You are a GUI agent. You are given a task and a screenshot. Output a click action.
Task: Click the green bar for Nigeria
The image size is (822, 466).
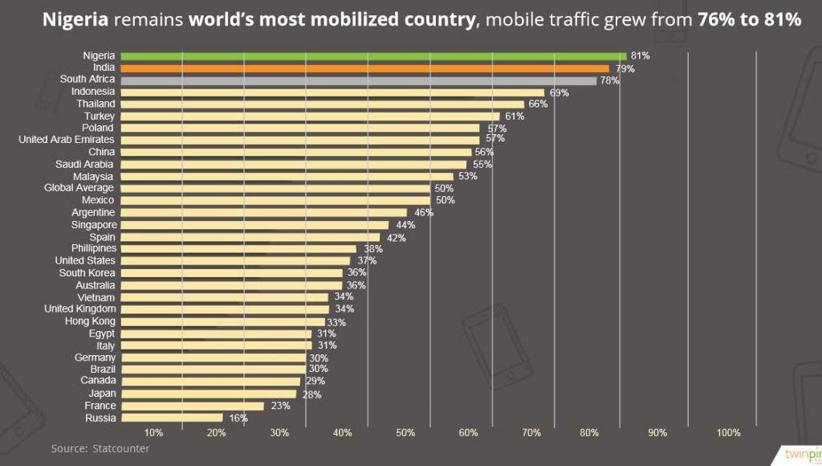click(x=373, y=55)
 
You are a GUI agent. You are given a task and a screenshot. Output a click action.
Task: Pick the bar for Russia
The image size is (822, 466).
click(x=172, y=418)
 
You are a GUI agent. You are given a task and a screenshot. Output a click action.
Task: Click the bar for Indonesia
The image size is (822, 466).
click(x=332, y=92)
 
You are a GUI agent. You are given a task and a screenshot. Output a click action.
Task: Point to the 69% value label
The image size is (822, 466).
click(x=559, y=92)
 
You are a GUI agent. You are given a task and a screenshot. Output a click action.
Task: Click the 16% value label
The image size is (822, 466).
click(x=238, y=418)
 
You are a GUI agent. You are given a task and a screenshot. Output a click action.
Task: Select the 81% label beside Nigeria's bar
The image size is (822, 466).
click(x=640, y=55)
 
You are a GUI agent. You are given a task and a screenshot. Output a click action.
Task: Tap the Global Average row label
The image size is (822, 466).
click(x=79, y=188)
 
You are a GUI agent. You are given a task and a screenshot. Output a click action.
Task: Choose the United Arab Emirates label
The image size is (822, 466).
click(x=67, y=140)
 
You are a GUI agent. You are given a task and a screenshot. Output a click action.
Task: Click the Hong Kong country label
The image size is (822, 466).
click(x=90, y=321)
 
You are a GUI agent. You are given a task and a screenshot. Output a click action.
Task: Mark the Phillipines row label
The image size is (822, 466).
click(x=93, y=248)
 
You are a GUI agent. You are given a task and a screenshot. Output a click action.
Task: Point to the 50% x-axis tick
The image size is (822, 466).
click(x=405, y=433)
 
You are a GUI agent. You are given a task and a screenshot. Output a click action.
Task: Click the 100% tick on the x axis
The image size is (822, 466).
click(x=728, y=433)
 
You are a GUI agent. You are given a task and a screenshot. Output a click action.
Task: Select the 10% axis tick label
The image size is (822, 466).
click(x=153, y=433)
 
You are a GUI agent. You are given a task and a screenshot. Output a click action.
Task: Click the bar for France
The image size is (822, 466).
click(x=193, y=406)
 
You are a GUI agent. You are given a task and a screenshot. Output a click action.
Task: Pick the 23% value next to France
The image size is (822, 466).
click(x=279, y=406)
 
